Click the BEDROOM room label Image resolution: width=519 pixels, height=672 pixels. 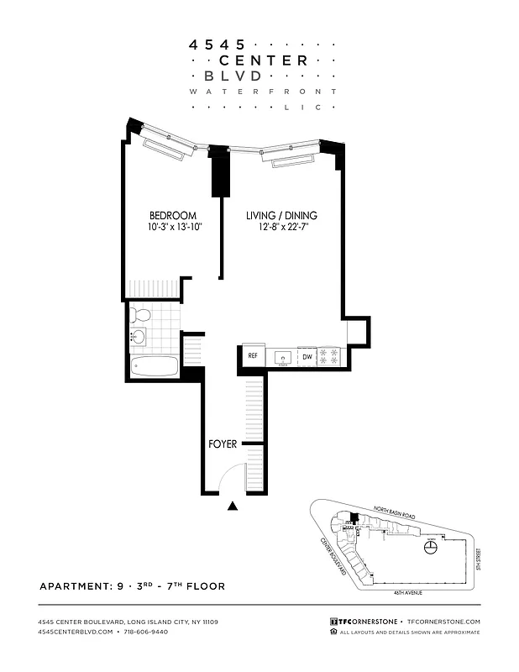[x=173, y=216]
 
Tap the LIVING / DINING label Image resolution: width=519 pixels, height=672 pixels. [x=281, y=216]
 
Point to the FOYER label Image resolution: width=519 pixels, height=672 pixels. [x=223, y=444]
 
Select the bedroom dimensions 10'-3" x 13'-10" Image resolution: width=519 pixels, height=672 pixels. [x=173, y=228]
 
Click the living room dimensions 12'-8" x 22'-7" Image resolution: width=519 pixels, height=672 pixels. [x=281, y=228]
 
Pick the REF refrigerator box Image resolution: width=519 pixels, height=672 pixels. [x=252, y=356]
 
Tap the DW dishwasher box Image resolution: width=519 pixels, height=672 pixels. [x=307, y=356]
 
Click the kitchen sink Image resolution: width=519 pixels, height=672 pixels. [x=281, y=357]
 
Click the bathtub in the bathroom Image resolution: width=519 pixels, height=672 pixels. [x=155, y=367]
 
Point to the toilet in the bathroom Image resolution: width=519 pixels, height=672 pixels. [x=141, y=316]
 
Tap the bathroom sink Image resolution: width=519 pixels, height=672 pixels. [x=139, y=339]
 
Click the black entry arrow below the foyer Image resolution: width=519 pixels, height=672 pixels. [x=233, y=506]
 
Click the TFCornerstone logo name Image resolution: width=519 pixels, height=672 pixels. [x=369, y=621]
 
